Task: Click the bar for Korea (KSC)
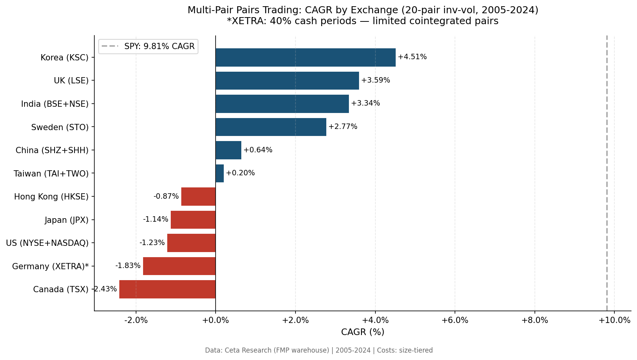[305, 57]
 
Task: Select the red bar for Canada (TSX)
[167, 289]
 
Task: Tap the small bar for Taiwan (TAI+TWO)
[219, 173]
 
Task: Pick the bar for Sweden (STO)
[271, 127]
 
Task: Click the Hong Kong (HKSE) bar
[198, 196]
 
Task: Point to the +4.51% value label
[412, 57]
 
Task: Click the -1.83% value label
[128, 266]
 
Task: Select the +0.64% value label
[258, 150]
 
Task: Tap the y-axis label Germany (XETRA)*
[50, 266]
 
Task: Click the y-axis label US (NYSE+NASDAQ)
[47, 243]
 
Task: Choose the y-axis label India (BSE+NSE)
[55, 104]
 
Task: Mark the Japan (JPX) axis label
[66, 220]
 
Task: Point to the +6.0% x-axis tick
[455, 320]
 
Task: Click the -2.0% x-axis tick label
[136, 320]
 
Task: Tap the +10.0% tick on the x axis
[614, 320]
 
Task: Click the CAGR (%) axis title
[363, 332]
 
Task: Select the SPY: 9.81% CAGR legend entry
[148, 46]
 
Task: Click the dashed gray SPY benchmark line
[607, 175]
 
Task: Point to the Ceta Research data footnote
[318, 350]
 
